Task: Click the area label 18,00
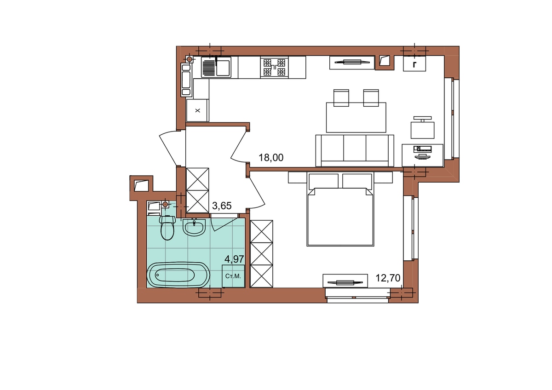271,157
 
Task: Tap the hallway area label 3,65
222,206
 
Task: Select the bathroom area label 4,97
234,259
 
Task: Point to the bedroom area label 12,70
388,278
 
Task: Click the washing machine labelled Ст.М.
233,276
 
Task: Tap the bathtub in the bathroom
178,275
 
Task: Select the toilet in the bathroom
167,228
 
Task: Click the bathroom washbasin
194,227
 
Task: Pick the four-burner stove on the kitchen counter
274,67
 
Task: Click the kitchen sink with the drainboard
216,67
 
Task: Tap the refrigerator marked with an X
198,110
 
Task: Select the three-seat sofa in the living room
355,151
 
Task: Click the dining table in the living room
356,118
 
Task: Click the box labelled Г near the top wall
414,63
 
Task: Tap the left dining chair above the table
341,98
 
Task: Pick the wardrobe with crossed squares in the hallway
198,190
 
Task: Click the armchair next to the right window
422,127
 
